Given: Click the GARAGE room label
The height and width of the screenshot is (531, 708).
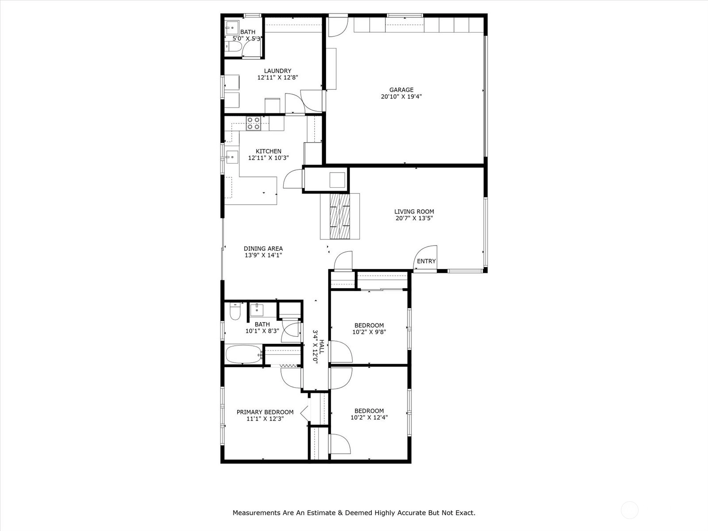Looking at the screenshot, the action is (401, 90).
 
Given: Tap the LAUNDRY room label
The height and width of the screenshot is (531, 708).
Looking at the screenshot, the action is (277, 71).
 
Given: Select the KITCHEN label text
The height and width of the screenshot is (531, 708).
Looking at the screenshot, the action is (268, 151).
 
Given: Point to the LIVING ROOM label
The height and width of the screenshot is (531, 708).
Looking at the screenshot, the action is (414, 212).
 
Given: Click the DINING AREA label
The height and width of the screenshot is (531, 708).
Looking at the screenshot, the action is (263, 249).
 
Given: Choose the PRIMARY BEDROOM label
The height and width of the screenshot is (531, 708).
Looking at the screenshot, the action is (265, 412).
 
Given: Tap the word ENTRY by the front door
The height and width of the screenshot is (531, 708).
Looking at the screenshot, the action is (426, 261).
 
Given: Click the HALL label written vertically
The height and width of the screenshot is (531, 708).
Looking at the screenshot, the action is (322, 346).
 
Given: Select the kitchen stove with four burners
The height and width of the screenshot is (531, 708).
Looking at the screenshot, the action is (254, 123).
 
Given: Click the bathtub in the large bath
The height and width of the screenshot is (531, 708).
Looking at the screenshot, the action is (244, 354).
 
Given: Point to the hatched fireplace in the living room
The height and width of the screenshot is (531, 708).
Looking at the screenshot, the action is (340, 216).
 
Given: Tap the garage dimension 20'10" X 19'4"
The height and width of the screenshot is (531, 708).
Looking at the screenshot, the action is (401, 96).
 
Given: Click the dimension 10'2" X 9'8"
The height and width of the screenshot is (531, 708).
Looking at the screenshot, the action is (369, 332).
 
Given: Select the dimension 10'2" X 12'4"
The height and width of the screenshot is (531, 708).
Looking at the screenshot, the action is (369, 417).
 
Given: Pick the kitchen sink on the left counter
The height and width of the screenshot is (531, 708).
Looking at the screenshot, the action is (232, 158).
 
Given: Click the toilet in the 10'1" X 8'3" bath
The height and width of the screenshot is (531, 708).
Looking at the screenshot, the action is (235, 311).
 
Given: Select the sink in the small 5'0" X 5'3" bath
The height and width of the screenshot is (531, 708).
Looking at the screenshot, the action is (231, 28).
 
